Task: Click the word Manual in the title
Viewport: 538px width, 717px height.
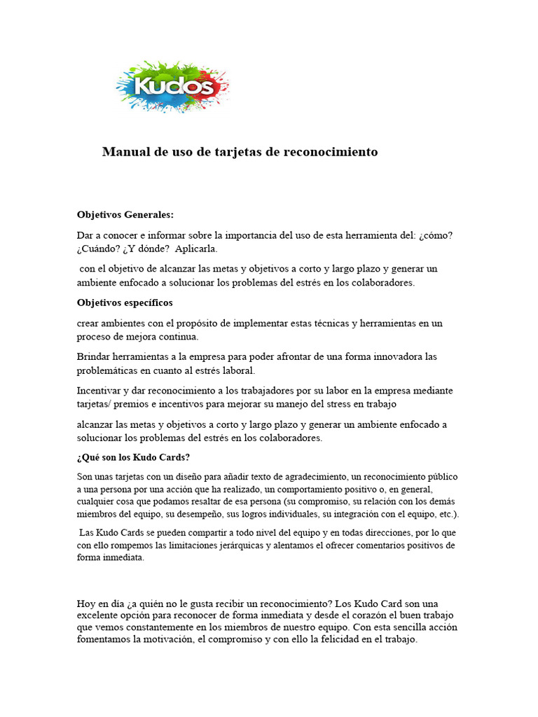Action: [x=123, y=152]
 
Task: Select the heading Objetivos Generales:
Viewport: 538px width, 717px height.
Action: [x=125, y=215]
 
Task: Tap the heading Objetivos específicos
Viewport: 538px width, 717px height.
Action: [x=125, y=303]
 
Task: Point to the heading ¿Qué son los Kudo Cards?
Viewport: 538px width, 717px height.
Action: [x=133, y=458]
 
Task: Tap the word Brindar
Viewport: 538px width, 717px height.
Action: [x=95, y=357]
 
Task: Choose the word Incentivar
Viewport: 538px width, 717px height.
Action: [x=101, y=391]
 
